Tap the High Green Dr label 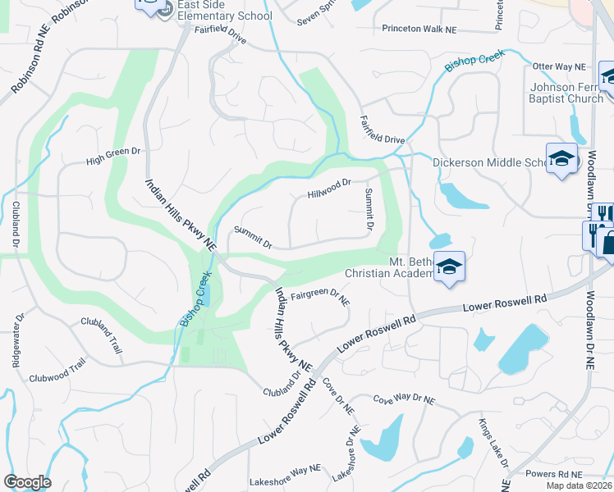(114, 157)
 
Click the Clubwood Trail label (57, 371)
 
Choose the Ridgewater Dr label (18, 339)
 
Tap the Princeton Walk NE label (419, 29)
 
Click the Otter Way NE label (559, 66)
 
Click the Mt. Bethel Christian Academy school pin (449, 267)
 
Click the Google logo (28, 482)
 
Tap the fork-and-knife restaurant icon (603, 214)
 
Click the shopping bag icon (608, 241)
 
